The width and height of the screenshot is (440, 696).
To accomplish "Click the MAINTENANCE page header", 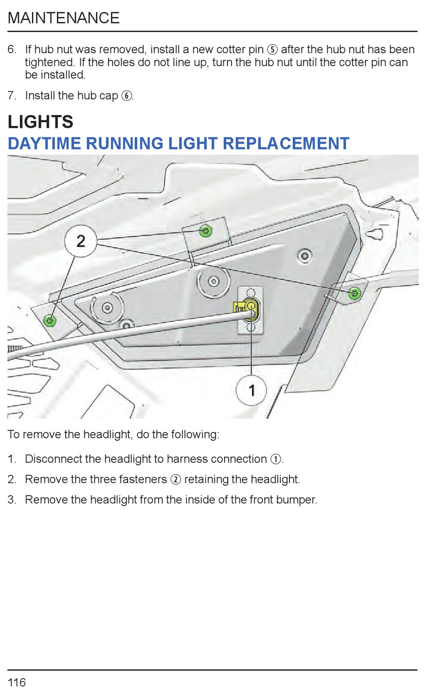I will (63, 18).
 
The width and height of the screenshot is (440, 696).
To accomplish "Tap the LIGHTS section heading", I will (40, 122).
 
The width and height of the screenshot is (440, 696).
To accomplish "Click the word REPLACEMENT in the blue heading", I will (286, 144).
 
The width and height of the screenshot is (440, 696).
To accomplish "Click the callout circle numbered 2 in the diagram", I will (81, 241).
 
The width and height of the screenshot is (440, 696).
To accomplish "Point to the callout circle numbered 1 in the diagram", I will (251, 390).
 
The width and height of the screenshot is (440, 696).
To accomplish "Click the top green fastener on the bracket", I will (206, 231).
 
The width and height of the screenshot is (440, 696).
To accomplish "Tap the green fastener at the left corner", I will (50, 320).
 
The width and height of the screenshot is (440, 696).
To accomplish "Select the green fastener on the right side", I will (355, 293).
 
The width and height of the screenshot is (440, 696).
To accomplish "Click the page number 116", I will (17, 682).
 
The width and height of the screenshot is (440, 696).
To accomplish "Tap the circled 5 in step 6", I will (272, 50).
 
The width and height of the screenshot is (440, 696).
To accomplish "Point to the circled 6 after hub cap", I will (126, 96).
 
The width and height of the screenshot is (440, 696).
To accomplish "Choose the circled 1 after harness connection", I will (276, 459).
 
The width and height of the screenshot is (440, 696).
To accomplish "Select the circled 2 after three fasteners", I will (176, 479).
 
